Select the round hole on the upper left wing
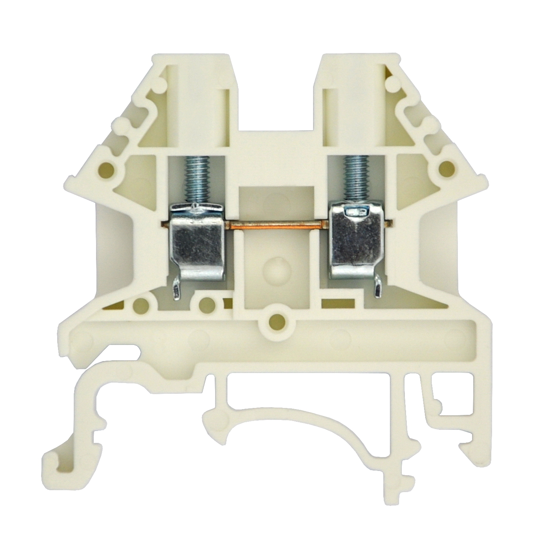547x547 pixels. pyautogui.click(x=106, y=168)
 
